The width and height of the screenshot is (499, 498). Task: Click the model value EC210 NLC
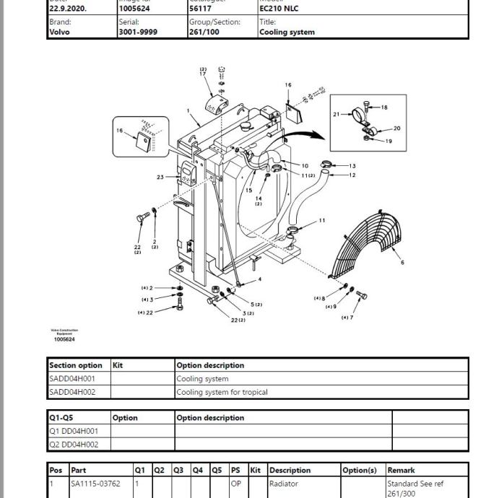pos(279,9)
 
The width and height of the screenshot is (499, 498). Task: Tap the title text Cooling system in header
pos(287,32)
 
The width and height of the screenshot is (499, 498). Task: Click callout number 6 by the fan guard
pos(402,263)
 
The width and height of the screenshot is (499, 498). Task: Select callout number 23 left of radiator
pos(160,177)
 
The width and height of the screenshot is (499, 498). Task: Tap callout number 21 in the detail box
pos(337,114)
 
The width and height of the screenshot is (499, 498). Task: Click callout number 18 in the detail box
pos(384,108)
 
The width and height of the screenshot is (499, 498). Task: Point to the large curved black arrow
pos(303,135)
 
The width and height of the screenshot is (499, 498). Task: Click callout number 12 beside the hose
pos(352,175)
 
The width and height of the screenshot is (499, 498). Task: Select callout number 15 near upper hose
pos(249,191)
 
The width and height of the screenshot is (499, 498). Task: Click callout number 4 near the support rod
pos(260,279)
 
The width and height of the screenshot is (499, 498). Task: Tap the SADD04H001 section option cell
pos(72,378)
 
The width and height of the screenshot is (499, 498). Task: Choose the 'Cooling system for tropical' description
pos(222,392)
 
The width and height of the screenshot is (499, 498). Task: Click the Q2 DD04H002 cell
pos(74,444)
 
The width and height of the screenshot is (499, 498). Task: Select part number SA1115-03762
pos(95,484)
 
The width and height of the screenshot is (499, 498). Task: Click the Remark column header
pos(402,470)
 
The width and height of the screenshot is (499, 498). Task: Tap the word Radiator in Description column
pos(283,484)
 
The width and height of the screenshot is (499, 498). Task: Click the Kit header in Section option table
pos(118,365)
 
